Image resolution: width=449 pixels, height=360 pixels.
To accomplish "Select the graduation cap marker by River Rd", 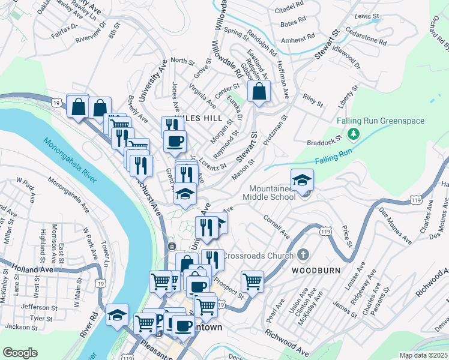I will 117,314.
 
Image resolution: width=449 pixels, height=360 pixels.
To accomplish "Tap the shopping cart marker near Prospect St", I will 252,280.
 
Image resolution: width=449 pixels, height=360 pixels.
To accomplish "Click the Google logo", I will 20,353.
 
